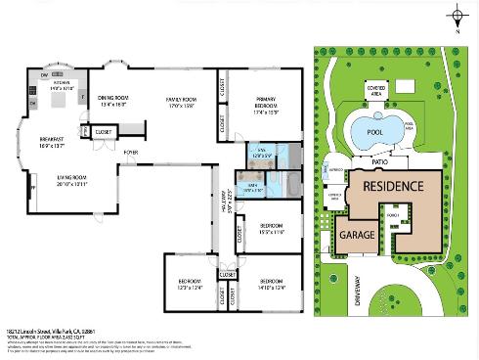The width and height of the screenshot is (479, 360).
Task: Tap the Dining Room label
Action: (x=115, y=101)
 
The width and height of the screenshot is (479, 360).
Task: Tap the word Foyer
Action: (x=130, y=154)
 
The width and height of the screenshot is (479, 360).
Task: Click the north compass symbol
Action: (x=457, y=16)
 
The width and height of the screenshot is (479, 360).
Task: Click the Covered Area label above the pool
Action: (x=375, y=87)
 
